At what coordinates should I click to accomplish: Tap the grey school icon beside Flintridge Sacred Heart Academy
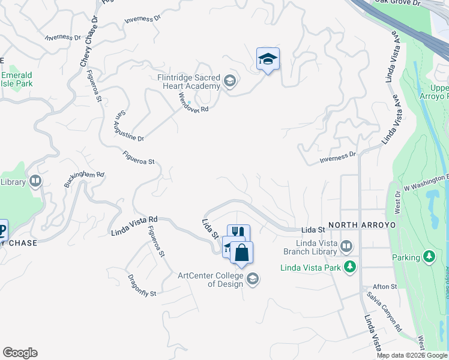229,80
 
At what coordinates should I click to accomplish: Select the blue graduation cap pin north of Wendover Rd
268,59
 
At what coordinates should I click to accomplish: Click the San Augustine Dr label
129,125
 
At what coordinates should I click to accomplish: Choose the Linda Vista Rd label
134,226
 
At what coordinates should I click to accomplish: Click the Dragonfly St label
142,286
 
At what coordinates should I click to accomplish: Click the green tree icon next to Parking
429,257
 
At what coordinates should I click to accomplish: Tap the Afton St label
385,287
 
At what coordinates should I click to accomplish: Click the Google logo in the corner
20,353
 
